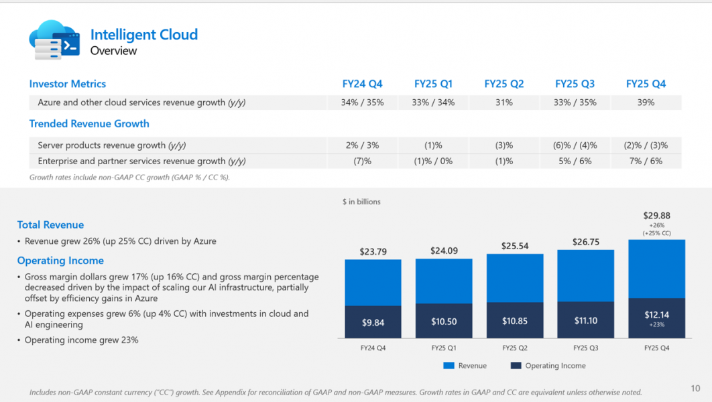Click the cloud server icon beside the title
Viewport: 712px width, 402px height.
pyautogui.click(x=54, y=40)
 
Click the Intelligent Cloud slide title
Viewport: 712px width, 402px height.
pyautogui.click(x=143, y=35)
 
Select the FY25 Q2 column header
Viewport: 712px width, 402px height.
pyautogui.click(x=503, y=84)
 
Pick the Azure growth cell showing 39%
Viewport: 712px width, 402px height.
pyautogui.click(x=646, y=103)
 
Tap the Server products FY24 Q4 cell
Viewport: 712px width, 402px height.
pyautogui.click(x=362, y=145)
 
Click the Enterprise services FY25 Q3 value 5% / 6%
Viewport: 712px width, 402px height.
pyautogui.click(x=575, y=161)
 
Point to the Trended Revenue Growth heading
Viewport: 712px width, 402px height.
pyautogui.click(x=89, y=124)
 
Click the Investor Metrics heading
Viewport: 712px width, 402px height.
pyautogui.click(x=68, y=84)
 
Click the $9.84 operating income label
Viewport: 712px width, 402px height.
pyautogui.click(x=373, y=322)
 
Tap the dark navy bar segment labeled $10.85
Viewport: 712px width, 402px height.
pyautogui.click(x=514, y=321)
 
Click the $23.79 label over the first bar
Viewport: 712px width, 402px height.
pyautogui.click(x=373, y=252)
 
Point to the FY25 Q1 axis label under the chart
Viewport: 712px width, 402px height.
pyautogui.click(x=444, y=348)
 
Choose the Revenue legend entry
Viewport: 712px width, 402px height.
pyautogui.click(x=465, y=366)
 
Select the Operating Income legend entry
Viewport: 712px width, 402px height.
pyautogui.click(x=548, y=366)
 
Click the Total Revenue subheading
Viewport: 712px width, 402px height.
pyautogui.click(x=50, y=225)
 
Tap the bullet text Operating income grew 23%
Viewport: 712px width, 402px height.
pyautogui.click(x=81, y=340)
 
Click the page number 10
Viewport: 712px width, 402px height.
pyautogui.click(x=695, y=389)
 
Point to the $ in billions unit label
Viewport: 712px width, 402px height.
pyautogui.click(x=361, y=202)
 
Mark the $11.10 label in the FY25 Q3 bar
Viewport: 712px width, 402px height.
pyautogui.click(x=585, y=321)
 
